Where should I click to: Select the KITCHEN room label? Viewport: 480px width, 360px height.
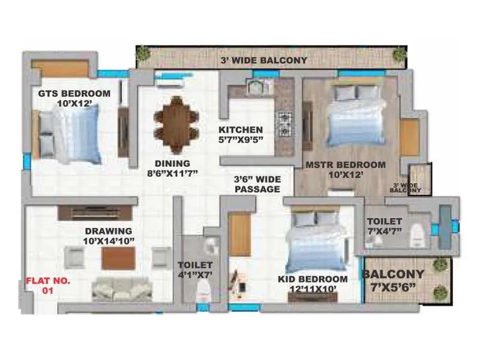click(241, 130)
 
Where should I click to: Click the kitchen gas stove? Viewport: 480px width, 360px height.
click(283, 122)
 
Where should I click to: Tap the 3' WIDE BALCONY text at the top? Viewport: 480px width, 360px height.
click(264, 60)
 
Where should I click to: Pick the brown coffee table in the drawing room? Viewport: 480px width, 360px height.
click(118, 259)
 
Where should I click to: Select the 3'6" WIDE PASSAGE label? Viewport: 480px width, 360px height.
click(257, 184)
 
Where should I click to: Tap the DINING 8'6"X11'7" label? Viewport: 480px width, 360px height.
click(172, 168)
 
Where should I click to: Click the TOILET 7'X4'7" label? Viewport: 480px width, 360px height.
click(385, 226)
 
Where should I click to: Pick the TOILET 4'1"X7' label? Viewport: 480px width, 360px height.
click(195, 269)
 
